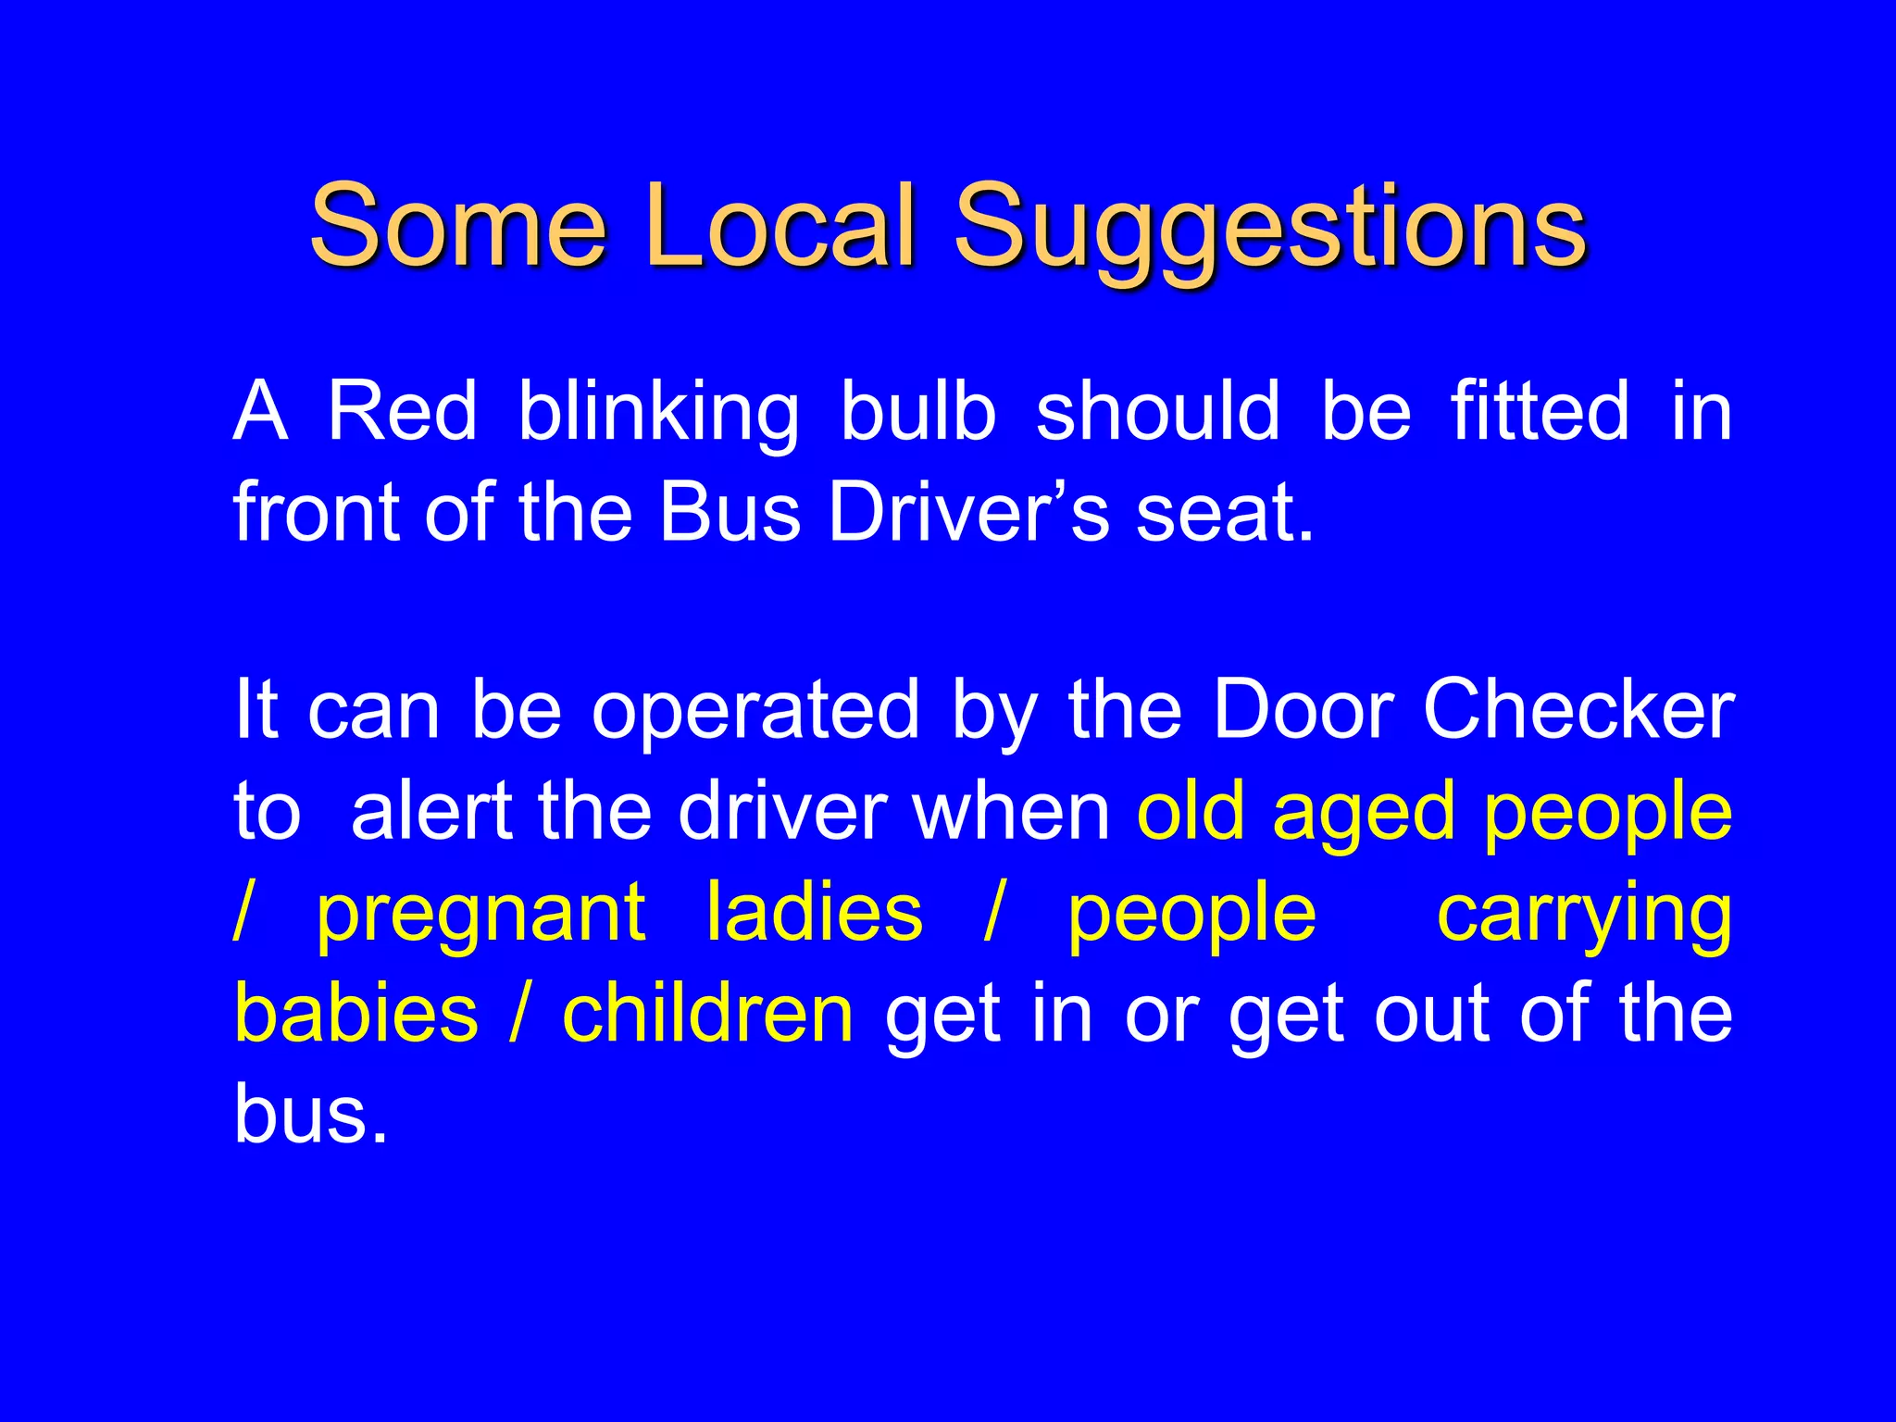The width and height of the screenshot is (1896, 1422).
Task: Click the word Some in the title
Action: (458, 226)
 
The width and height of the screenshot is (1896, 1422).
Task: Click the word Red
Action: (402, 411)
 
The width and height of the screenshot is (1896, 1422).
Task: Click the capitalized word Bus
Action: (730, 513)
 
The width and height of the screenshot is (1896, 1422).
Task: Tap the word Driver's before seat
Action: (968, 513)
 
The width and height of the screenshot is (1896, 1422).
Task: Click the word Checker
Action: (1578, 711)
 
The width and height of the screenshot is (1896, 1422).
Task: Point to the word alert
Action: (431, 812)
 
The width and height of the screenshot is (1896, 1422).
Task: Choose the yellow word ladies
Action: (815, 912)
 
